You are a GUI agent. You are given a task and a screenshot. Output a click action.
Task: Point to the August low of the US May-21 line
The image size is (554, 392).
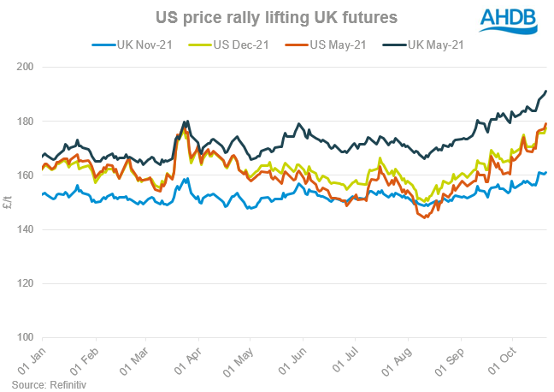[425, 217]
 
